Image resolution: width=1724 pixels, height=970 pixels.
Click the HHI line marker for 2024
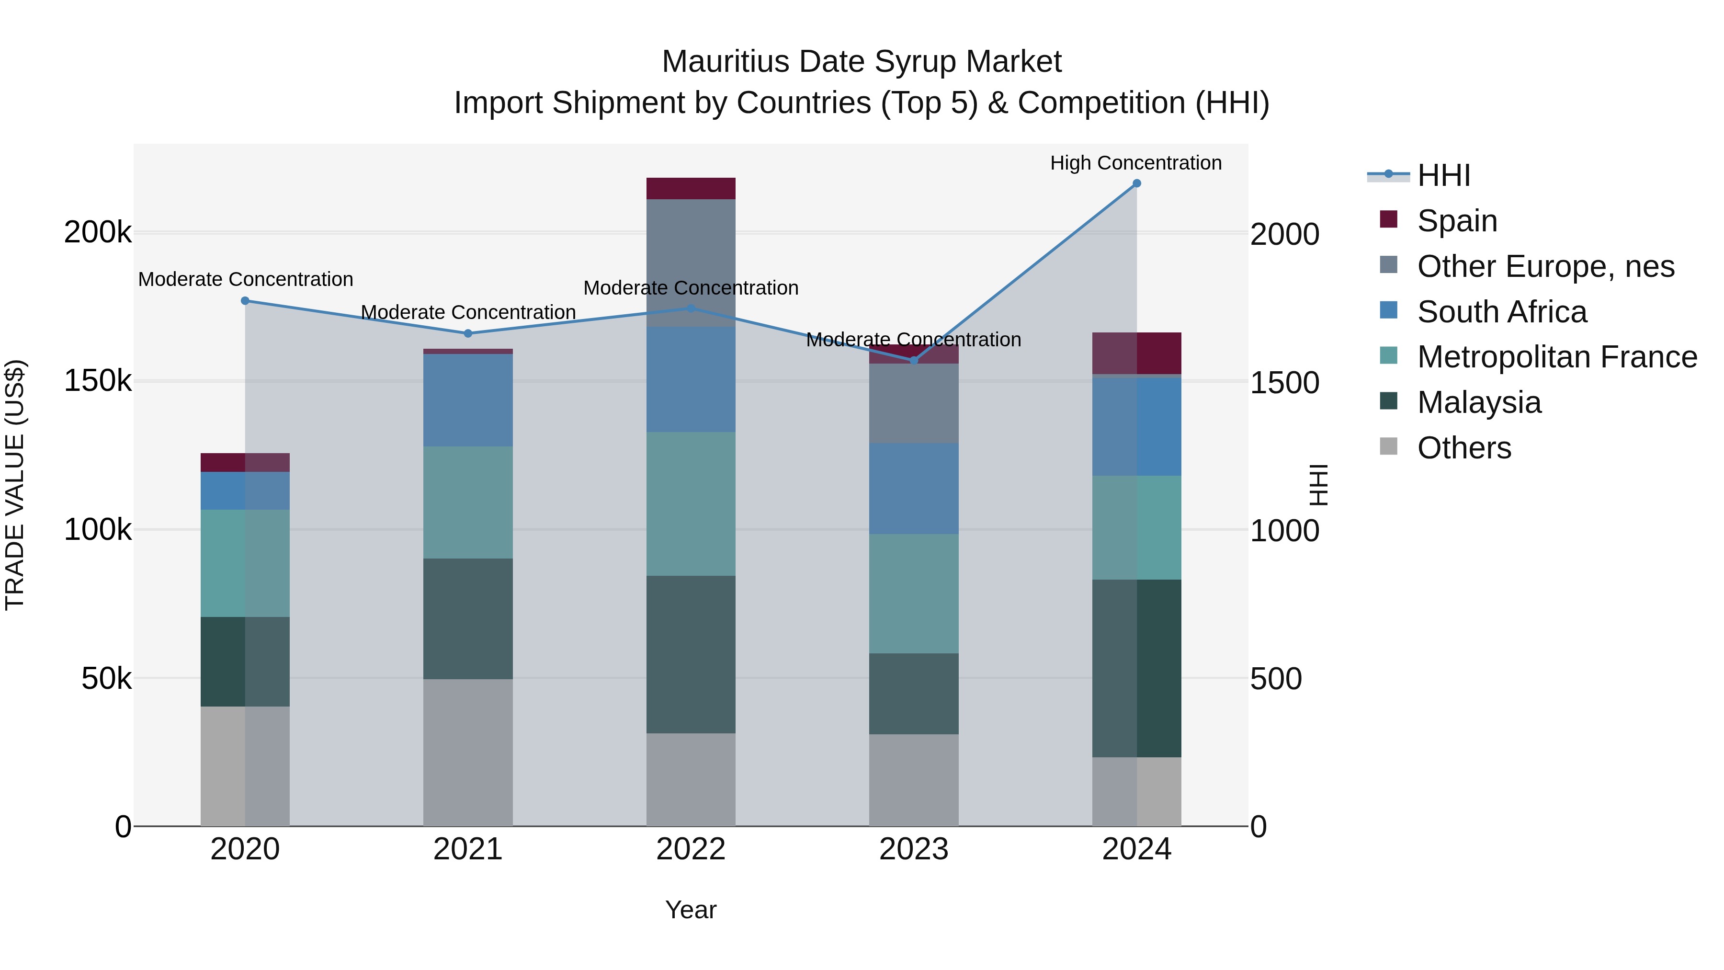pos(1136,183)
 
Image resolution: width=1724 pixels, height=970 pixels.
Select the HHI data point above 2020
pos(245,300)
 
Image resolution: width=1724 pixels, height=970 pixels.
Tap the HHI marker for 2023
pos(914,360)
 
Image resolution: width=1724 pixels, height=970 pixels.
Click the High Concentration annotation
pos(1136,163)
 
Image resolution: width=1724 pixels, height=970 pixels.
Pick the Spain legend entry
pos(1456,221)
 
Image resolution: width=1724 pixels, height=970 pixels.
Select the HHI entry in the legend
pos(1443,175)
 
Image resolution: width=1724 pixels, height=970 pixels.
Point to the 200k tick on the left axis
pos(98,233)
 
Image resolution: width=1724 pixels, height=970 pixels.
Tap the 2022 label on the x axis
pos(691,849)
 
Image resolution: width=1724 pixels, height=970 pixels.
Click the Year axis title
pos(691,910)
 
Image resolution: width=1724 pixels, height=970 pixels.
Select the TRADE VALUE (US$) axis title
pos(15,485)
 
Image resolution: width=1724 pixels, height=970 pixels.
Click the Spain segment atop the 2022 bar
pos(691,189)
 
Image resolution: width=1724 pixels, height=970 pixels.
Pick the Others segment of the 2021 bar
pos(468,753)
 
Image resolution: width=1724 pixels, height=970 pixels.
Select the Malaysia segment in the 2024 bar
pos(1136,668)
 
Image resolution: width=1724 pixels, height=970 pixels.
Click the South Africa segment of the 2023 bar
pos(914,488)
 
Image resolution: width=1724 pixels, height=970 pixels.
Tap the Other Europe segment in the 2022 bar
pos(691,262)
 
